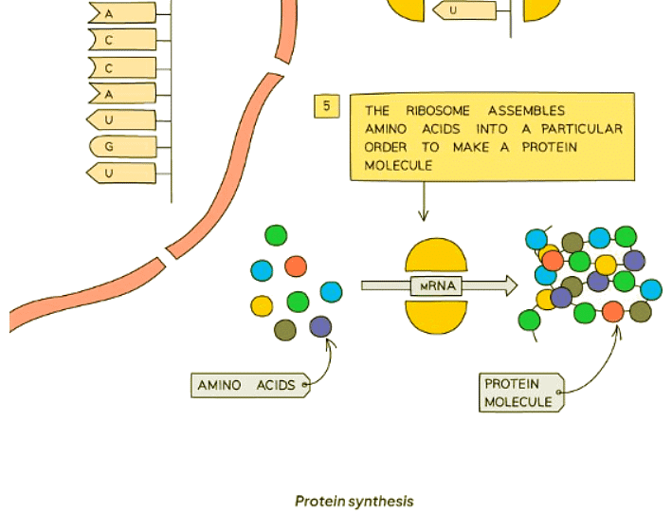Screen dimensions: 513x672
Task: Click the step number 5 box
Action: coord(326,106)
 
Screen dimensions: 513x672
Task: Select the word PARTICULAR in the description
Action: coord(585,129)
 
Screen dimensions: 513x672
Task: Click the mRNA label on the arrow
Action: coord(437,285)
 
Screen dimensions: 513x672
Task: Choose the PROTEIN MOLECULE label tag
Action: coord(519,393)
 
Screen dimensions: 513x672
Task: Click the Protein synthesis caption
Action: coord(354,501)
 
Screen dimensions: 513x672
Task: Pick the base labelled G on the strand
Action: coord(109,147)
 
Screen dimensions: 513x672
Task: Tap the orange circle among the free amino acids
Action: coord(296,266)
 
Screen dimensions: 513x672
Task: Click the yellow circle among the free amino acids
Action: coord(263,305)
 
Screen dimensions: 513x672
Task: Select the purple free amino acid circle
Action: coord(321,327)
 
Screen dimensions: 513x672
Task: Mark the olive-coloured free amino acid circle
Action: coord(285,330)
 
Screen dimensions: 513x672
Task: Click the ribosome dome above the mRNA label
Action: coord(437,257)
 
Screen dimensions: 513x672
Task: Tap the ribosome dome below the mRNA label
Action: coord(437,316)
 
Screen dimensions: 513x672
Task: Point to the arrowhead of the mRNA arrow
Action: coord(511,285)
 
